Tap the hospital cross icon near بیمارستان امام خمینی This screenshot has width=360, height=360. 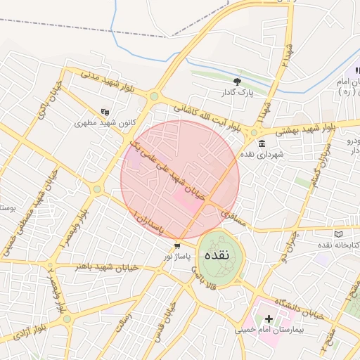tap(268, 319)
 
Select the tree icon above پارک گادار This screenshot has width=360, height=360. tap(236, 82)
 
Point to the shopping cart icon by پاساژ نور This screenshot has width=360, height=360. tap(177, 246)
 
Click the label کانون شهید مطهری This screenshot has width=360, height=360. tap(104, 122)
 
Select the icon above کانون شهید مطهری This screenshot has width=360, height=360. tap(105, 111)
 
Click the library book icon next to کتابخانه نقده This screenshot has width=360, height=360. tap(338, 234)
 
